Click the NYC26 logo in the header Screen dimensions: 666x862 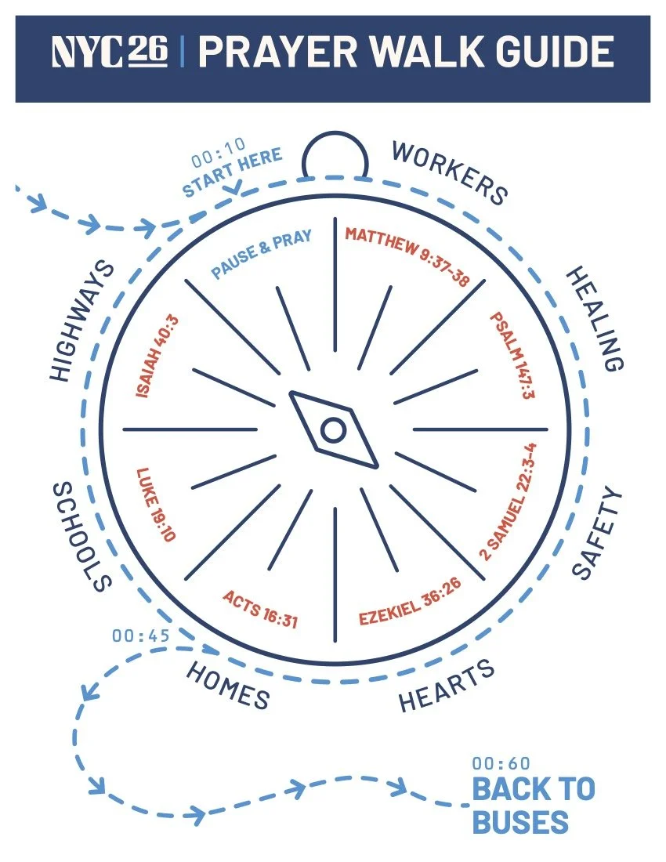(x=110, y=53)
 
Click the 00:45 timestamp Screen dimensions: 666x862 (x=141, y=636)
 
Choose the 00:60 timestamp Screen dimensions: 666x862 (x=501, y=763)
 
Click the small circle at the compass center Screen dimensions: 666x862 (x=332, y=429)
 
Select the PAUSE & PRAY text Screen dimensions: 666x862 (x=262, y=253)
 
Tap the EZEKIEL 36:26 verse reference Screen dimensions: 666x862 (x=409, y=602)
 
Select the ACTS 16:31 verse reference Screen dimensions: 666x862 (x=260, y=608)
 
